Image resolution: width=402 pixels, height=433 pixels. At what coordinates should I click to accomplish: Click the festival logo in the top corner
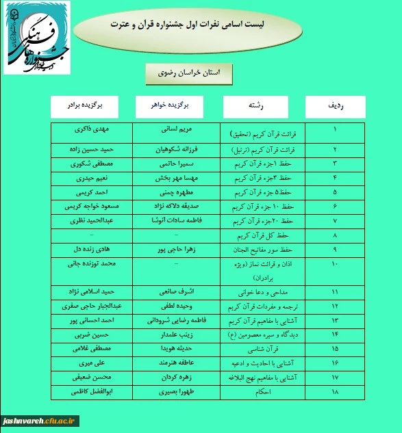[x=36, y=38]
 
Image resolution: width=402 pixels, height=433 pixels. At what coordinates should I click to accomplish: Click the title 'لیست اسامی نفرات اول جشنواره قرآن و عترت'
[x=187, y=25]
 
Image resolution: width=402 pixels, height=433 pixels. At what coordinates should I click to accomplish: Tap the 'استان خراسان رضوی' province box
[x=189, y=73]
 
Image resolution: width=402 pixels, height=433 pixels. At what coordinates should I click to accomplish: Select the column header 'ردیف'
[x=336, y=107]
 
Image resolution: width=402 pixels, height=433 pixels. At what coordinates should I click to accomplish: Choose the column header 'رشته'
[x=254, y=107]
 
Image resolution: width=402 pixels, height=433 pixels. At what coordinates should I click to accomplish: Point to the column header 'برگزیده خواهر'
[x=169, y=106]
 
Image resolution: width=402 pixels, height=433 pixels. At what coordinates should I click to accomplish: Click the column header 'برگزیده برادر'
[x=85, y=106]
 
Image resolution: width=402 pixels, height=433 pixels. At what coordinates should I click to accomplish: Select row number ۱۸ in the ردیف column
[x=334, y=393]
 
